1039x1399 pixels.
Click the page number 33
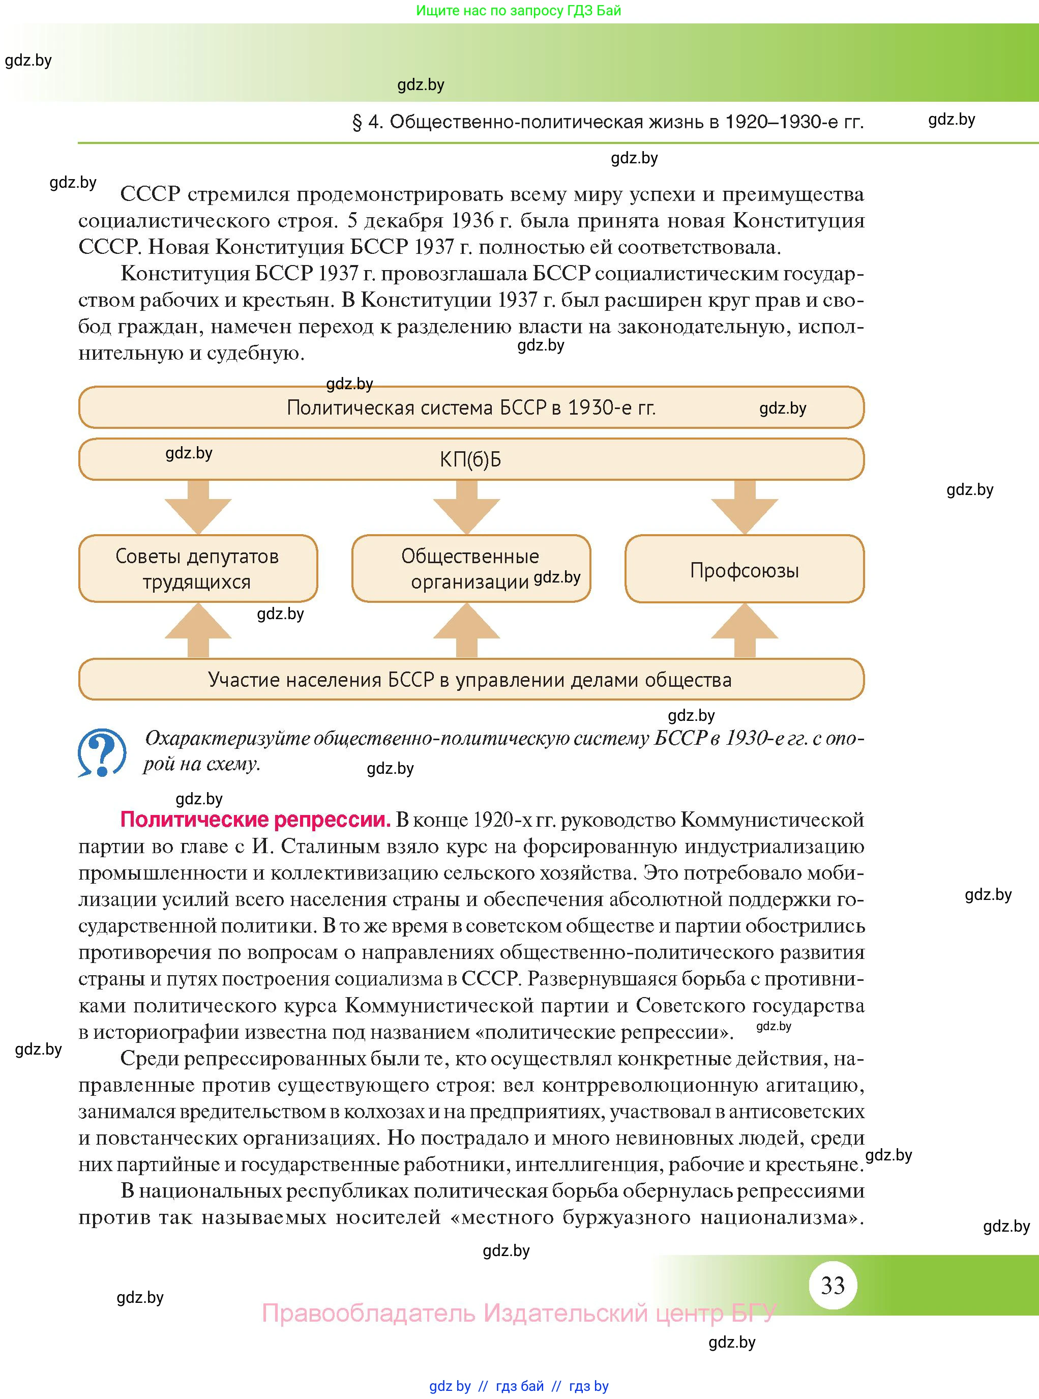pos(832,1285)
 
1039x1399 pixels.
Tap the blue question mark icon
pos(102,752)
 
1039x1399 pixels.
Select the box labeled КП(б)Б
pos(470,460)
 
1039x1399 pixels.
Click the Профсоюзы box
pos(744,569)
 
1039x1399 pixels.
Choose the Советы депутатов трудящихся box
pos(197,569)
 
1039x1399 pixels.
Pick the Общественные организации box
pos(470,569)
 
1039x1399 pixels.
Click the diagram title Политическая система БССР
pos(470,407)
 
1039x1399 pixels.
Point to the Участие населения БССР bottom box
pos(470,679)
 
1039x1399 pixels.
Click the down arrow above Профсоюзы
pos(745,508)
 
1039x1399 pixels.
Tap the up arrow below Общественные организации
pos(467,630)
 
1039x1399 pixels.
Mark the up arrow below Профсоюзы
pos(745,630)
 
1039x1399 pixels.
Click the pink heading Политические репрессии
pos(255,819)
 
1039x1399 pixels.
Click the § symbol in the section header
pos(357,122)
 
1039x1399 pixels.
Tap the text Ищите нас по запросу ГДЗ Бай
pos(518,11)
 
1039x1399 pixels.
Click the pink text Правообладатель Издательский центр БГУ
pos(519,1314)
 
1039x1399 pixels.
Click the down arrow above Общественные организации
pos(467,508)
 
